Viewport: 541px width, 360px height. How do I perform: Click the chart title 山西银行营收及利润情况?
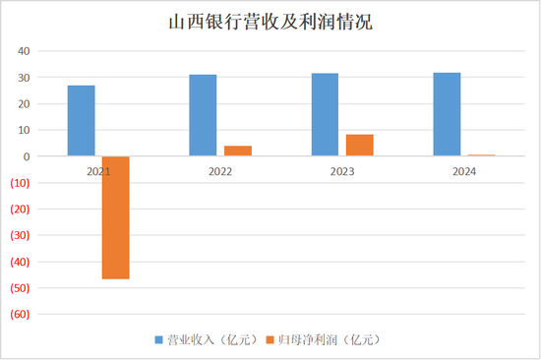(x=270, y=22)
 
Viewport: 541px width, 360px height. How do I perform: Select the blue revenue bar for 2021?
(x=82, y=121)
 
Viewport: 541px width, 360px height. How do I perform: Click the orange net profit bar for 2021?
(x=115, y=217)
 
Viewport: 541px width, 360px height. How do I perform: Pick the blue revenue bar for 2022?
(x=204, y=115)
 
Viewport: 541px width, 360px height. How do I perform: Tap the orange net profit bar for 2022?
(x=237, y=150)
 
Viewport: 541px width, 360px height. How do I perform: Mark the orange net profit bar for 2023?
(x=359, y=146)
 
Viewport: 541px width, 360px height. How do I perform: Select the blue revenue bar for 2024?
(x=447, y=114)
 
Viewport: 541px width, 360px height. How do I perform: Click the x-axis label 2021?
(x=98, y=170)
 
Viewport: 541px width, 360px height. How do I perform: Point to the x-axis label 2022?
(x=220, y=170)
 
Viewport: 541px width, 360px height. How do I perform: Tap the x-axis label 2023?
(x=342, y=170)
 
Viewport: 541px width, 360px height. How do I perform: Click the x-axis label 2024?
(x=464, y=170)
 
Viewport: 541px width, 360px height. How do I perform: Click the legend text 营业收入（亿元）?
(x=211, y=339)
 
